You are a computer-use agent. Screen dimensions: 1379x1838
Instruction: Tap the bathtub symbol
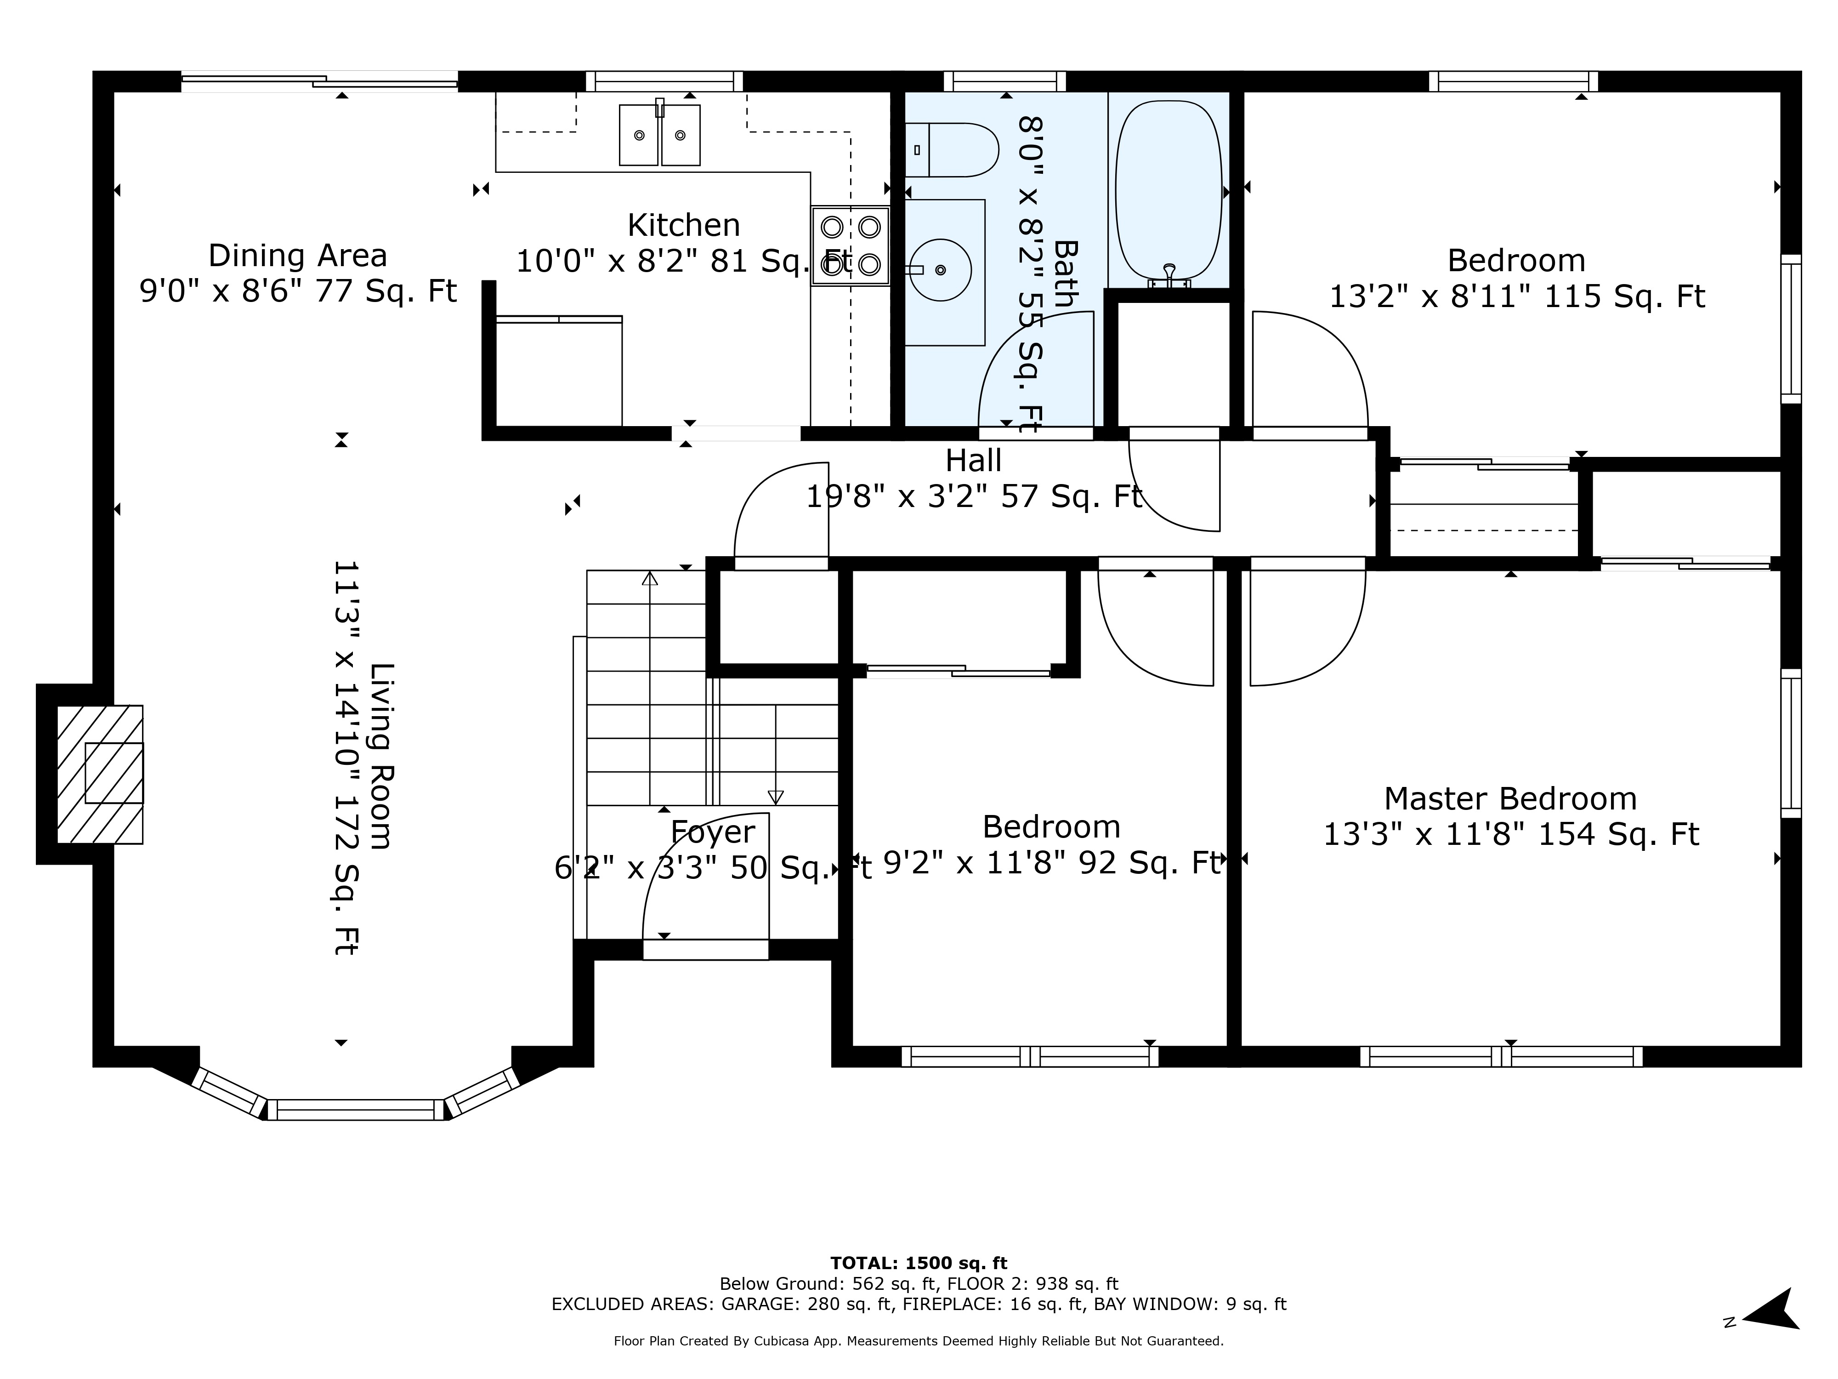point(1168,191)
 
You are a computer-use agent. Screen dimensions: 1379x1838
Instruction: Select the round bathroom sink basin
point(940,270)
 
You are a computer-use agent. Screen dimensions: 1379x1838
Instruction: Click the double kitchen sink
point(660,136)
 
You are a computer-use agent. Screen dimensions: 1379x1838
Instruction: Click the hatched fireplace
point(100,774)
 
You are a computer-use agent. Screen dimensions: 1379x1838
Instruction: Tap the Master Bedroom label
point(1510,799)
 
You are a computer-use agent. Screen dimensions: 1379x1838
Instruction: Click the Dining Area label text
point(297,255)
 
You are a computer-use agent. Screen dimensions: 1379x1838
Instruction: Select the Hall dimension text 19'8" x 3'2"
point(974,497)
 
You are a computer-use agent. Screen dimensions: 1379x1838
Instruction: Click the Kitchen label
point(683,225)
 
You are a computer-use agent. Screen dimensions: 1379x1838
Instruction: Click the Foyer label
point(712,832)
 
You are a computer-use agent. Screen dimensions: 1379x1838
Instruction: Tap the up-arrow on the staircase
point(650,579)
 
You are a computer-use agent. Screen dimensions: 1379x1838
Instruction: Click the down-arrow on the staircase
point(775,796)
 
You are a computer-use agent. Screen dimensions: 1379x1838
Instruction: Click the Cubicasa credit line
point(918,1341)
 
